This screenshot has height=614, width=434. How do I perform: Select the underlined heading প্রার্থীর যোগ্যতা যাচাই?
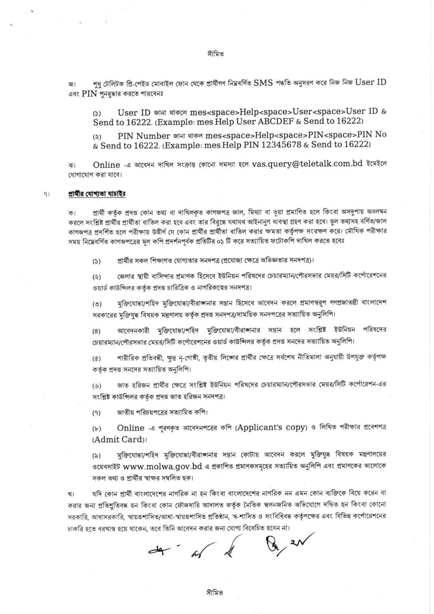[97, 194]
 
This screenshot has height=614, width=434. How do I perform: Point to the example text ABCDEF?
[282, 121]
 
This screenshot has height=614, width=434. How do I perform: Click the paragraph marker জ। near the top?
[72, 84]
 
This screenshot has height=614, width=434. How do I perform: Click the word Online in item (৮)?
[131, 428]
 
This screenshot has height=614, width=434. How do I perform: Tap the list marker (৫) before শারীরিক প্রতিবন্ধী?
[96, 359]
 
